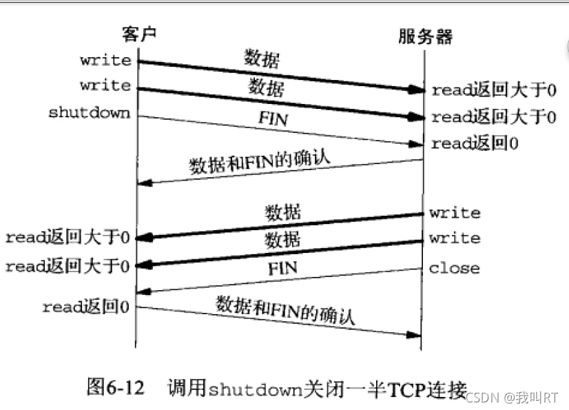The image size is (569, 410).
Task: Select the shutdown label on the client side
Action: (89, 112)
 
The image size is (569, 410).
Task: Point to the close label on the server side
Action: (454, 267)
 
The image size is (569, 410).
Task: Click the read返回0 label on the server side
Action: (475, 144)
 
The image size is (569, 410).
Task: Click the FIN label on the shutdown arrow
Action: (272, 118)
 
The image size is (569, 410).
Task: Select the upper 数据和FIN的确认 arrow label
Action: (260, 163)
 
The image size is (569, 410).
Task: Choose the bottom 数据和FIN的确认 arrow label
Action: (285, 310)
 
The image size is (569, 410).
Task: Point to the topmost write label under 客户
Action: (105, 60)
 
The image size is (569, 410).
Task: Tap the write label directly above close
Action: (454, 238)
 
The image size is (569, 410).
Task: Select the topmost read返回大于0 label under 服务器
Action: (493, 90)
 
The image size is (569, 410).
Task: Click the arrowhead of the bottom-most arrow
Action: (414, 335)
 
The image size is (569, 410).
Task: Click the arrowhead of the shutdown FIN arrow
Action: (415, 144)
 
